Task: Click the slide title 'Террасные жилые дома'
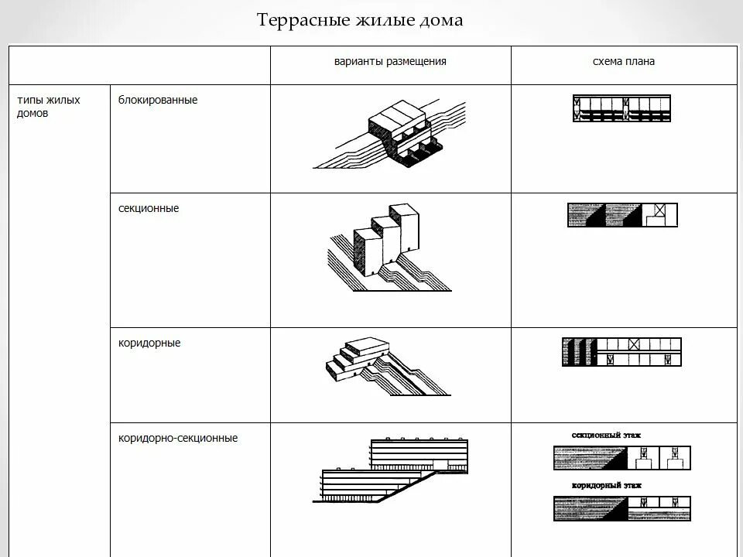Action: pos(360,20)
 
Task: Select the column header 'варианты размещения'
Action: pos(390,61)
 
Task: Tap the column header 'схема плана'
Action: pos(624,61)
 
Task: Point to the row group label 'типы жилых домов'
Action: pos(49,107)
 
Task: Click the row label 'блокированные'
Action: pos(158,100)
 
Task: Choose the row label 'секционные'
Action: pos(149,208)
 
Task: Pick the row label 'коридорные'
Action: pos(149,343)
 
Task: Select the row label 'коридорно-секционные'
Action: pos(178,438)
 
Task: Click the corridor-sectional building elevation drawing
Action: pos(395,470)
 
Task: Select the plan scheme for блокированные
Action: pos(622,108)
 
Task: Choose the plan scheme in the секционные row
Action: pos(622,214)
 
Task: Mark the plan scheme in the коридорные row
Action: pos(622,351)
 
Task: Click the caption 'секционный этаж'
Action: pos(607,436)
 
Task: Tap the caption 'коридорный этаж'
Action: pos(607,486)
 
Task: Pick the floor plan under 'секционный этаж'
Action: pos(622,458)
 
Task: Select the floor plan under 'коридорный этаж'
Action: pos(622,508)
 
